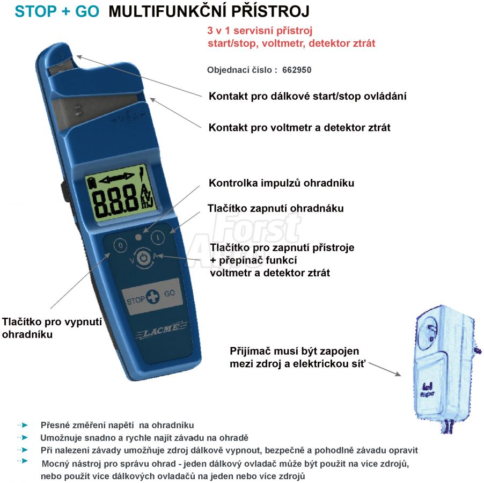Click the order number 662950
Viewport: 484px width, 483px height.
pyautogui.click(x=297, y=70)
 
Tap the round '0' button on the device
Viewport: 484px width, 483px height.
pyautogui.click(x=120, y=245)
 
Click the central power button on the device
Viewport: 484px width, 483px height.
pyautogui.click(x=143, y=258)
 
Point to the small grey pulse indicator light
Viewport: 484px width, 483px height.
pyautogui.click(x=138, y=237)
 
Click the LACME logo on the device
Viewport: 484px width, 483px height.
pyautogui.click(x=162, y=330)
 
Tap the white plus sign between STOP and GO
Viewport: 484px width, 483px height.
pyautogui.click(x=152, y=296)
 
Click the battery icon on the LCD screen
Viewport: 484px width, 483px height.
pyautogui.click(x=92, y=182)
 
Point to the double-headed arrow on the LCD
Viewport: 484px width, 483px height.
pyautogui.click(x=116, y=177)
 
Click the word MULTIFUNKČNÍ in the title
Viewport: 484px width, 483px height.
pyautogui.click(x=167, y=11)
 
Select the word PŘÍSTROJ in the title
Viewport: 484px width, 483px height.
pyautogui.click(x=270, y=11)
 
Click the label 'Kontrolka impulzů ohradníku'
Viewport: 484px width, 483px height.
pyautogui.click(x=281, y=183)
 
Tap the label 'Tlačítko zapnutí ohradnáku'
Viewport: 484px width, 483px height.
pyautogui.click(x=276, y=208)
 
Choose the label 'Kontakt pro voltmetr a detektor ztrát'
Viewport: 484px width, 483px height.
pyautogui.click(x=299, y=128)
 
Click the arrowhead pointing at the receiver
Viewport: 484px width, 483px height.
pyautogui.click(x=398, y=374)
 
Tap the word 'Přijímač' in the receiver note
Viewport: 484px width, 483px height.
pyautogui.click(x=250, y=352)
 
